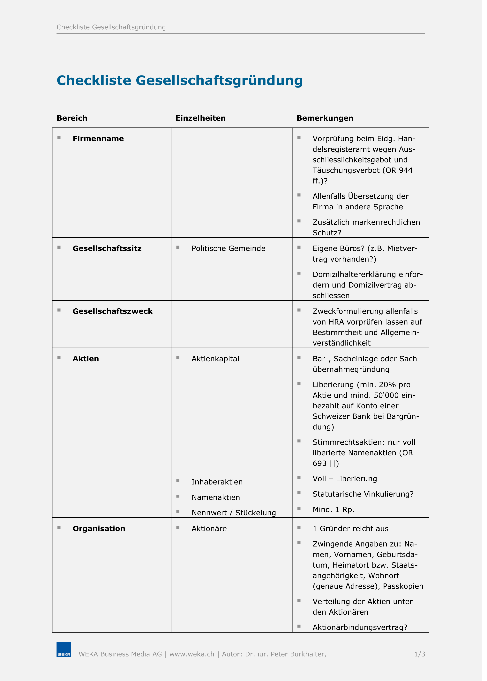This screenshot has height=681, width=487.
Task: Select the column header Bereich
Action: click(72, 118)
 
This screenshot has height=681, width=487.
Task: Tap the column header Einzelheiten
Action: click(201, 118)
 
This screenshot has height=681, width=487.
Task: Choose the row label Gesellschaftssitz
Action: click(107, 248)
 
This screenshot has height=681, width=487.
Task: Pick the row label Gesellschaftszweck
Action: click(112, 312)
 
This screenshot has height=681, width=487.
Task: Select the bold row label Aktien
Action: click(86, 359)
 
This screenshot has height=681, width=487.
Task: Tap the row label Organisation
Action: click(99, 529)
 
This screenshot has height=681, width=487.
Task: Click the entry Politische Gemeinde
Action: click(229, 248)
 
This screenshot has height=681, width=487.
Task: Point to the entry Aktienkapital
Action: click(215, 359)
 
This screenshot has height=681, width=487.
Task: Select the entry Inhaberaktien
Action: click(217, 482)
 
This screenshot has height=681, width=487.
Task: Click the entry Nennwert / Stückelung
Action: click(234, 513)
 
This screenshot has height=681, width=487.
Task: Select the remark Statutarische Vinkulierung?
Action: click(363, 494)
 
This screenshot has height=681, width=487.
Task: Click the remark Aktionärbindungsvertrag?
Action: click(360, 627)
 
